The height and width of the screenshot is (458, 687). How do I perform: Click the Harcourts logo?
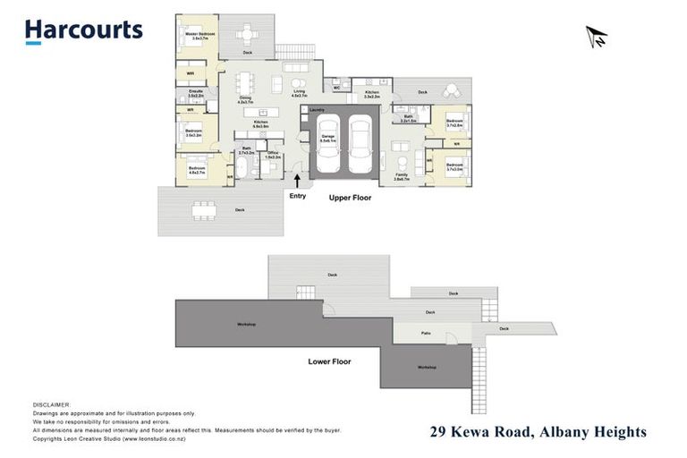click(83, 31)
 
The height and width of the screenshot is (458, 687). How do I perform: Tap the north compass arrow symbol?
click(596, 36)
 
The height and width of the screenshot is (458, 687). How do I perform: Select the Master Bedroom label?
click(196, 37)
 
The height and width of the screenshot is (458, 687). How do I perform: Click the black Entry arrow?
click(297, 182)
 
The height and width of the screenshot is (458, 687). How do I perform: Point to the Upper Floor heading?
click(350, 197)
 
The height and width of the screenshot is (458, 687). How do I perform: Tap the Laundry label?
click(316, 109)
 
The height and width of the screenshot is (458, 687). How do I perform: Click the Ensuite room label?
click(195, 92)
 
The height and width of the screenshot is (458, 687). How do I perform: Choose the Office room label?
click(273, 154)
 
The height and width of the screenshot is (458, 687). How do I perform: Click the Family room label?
click(402, 177)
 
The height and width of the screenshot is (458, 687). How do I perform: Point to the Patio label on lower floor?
click(427, 333)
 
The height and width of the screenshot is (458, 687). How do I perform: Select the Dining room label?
click(246, 101)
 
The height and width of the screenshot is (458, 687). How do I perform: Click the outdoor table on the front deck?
click(206, 210)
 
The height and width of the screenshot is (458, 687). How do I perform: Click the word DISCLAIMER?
click(51, 405)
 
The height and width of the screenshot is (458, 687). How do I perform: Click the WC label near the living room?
click(336, 88)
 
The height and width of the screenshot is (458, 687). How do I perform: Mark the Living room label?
click(299, 93)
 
